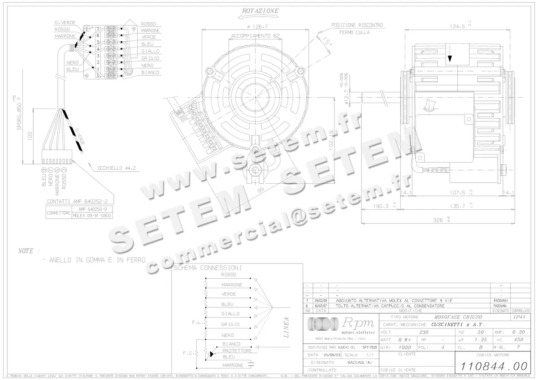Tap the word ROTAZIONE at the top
click(260, 11)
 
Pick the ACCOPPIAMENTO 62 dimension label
click(255, 35)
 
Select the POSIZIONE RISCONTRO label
click(357, 26)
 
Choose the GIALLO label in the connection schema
click(230, 314)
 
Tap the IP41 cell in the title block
click(519, 317)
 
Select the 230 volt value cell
click(424, 332)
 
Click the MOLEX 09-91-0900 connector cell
click(92, 216)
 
